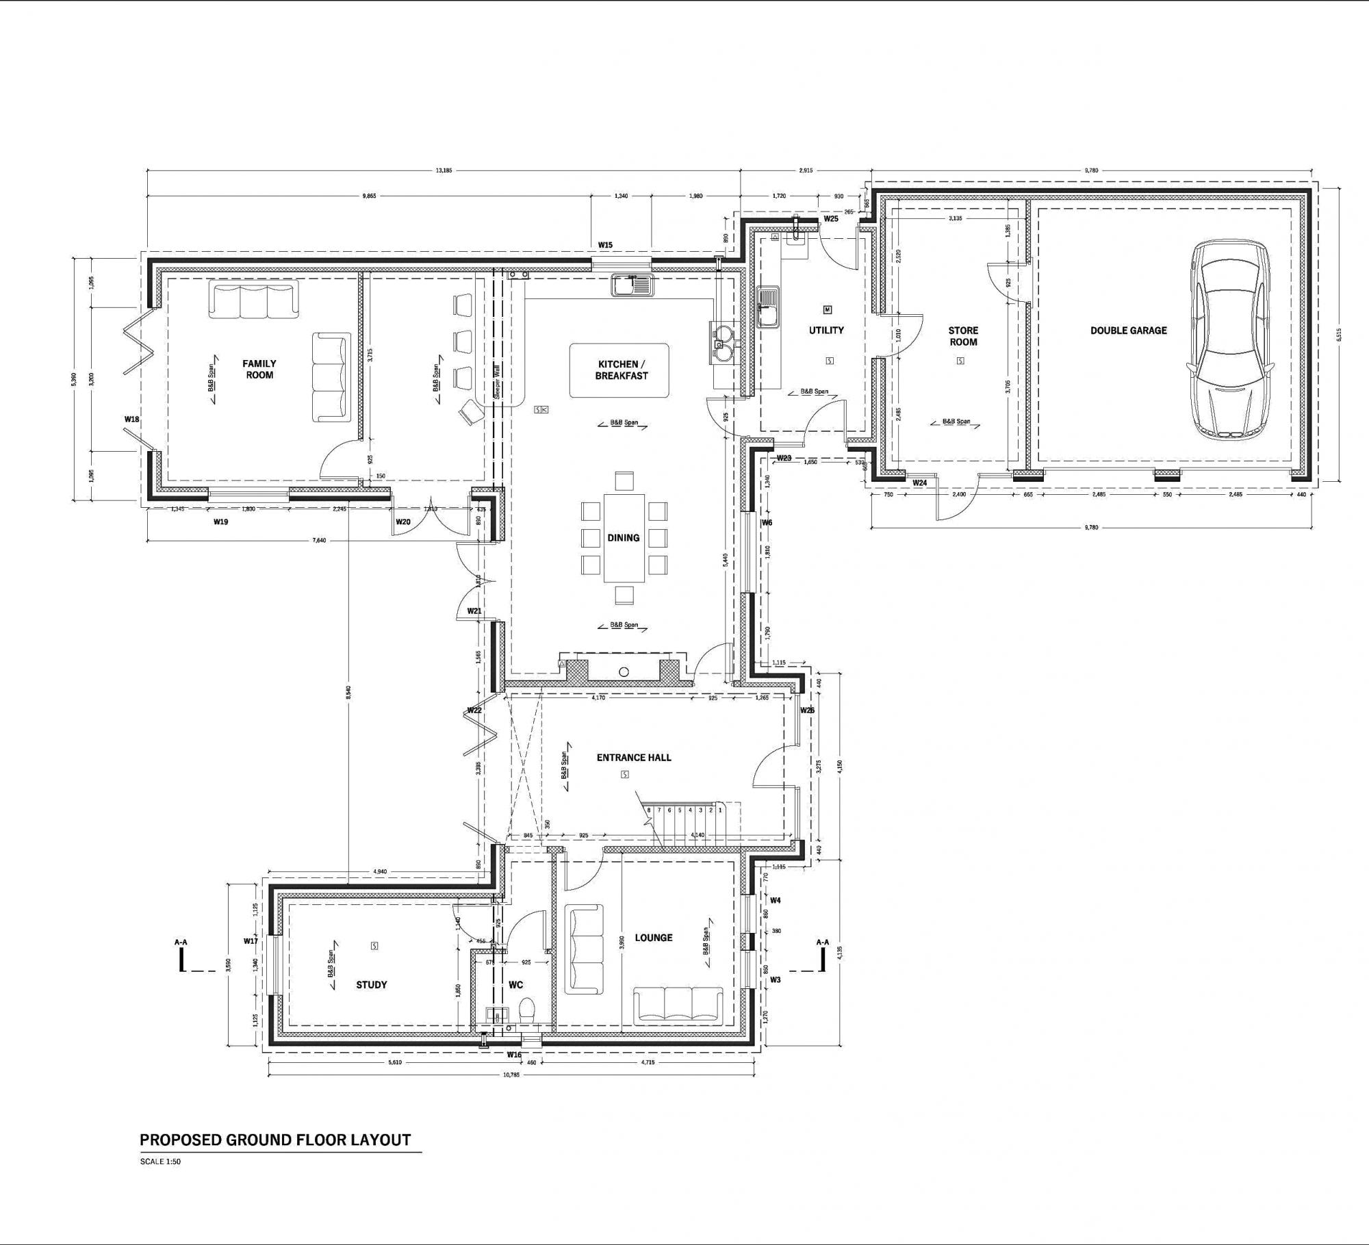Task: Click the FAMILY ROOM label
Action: click(x=259, y=370)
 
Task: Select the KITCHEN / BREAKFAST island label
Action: click(x=621, y=370)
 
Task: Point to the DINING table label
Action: click(x=623, y=538)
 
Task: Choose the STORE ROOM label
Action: click(x=963, y=336)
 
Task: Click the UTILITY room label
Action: click(x=826, y=331)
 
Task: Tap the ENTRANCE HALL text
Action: click(x=634, y=758)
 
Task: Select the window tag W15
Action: click(x=605, y=245)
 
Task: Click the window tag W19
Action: click(x=220, y=522)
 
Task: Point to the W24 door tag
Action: click(x=919, y=483)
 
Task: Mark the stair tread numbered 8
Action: click(x=649, y=810)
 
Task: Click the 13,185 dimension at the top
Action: click(x=444, y=170)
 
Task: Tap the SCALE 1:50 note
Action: click(x=160, y=1161)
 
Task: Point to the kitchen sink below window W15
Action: click(x=632, y=285)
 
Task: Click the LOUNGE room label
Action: click(x=653, y=938)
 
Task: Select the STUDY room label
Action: click(x=372, y=985)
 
